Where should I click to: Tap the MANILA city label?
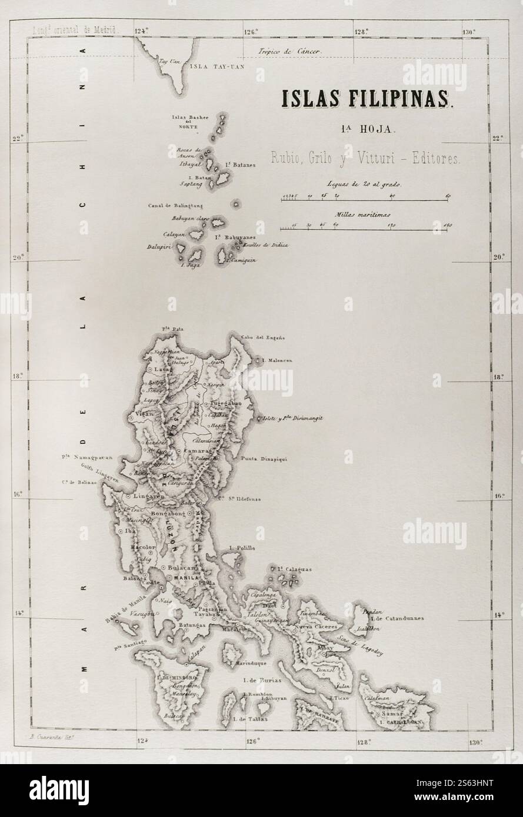point(177,578)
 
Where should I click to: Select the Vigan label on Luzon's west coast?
point(144,414)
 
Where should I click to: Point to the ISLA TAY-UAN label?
point(216,66)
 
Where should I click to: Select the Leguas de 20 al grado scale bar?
point(365,200)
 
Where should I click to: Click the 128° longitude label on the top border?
point(361,32)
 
